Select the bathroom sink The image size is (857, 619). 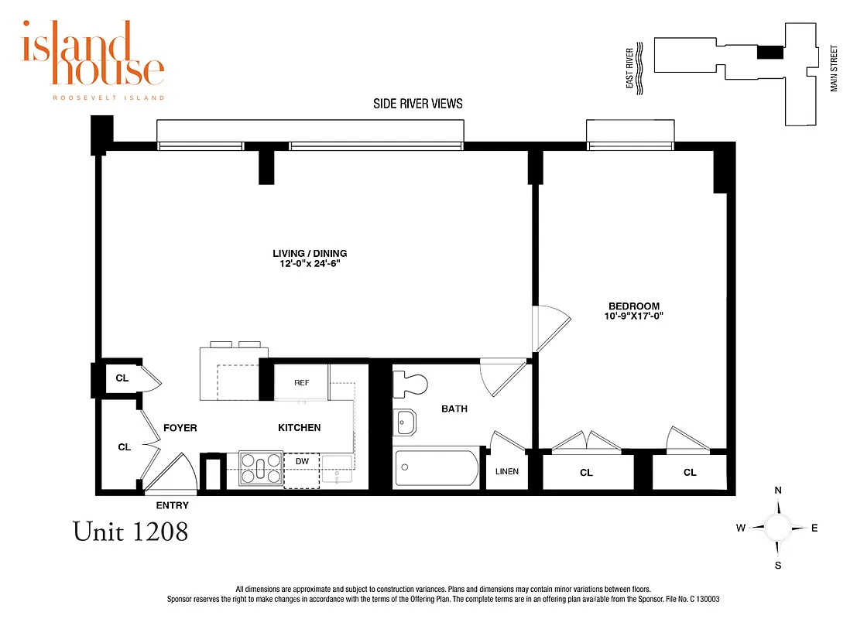click(x=405, y=422)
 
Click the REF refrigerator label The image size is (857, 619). click(x=302, y=383)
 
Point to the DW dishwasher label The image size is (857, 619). click(x=302, y=462)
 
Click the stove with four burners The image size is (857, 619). click(x=262, y=467)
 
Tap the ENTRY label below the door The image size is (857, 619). click(x=172, y=505)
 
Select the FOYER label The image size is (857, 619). click(x=180, y=428)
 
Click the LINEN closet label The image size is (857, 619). click(x=507, y=471)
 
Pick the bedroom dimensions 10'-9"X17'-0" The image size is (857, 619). click(x=634, y=316)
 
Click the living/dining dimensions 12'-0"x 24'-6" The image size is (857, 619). click(x=310, y=264)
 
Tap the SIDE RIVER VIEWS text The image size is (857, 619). click(x=418, y=104)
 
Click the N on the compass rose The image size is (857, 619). click(x=778, y=491)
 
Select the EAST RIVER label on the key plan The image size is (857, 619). click(x=630, y=68)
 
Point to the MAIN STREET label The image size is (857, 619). click(x=835, y=68)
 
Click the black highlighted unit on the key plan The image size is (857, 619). click(x=770, y=52)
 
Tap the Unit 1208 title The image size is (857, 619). click(x=130, y=532)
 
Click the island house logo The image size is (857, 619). click(x=93, y=58)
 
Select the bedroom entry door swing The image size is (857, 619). click(x=552, y=326)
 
